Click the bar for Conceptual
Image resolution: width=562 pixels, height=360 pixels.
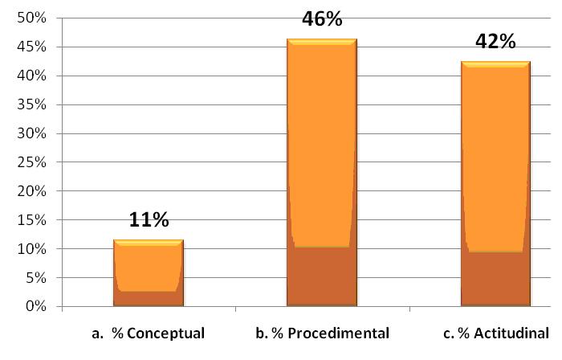pos(149,273)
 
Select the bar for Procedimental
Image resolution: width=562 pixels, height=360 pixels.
pos(321,173)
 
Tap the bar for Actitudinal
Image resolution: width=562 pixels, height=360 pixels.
pos(495,184)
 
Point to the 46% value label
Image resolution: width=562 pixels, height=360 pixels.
pos(322,18)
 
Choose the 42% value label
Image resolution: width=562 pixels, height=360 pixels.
pos(495,42)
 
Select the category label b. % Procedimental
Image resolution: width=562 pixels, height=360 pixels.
pos(321,333)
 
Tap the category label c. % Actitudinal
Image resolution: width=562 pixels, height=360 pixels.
pos(495,333)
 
